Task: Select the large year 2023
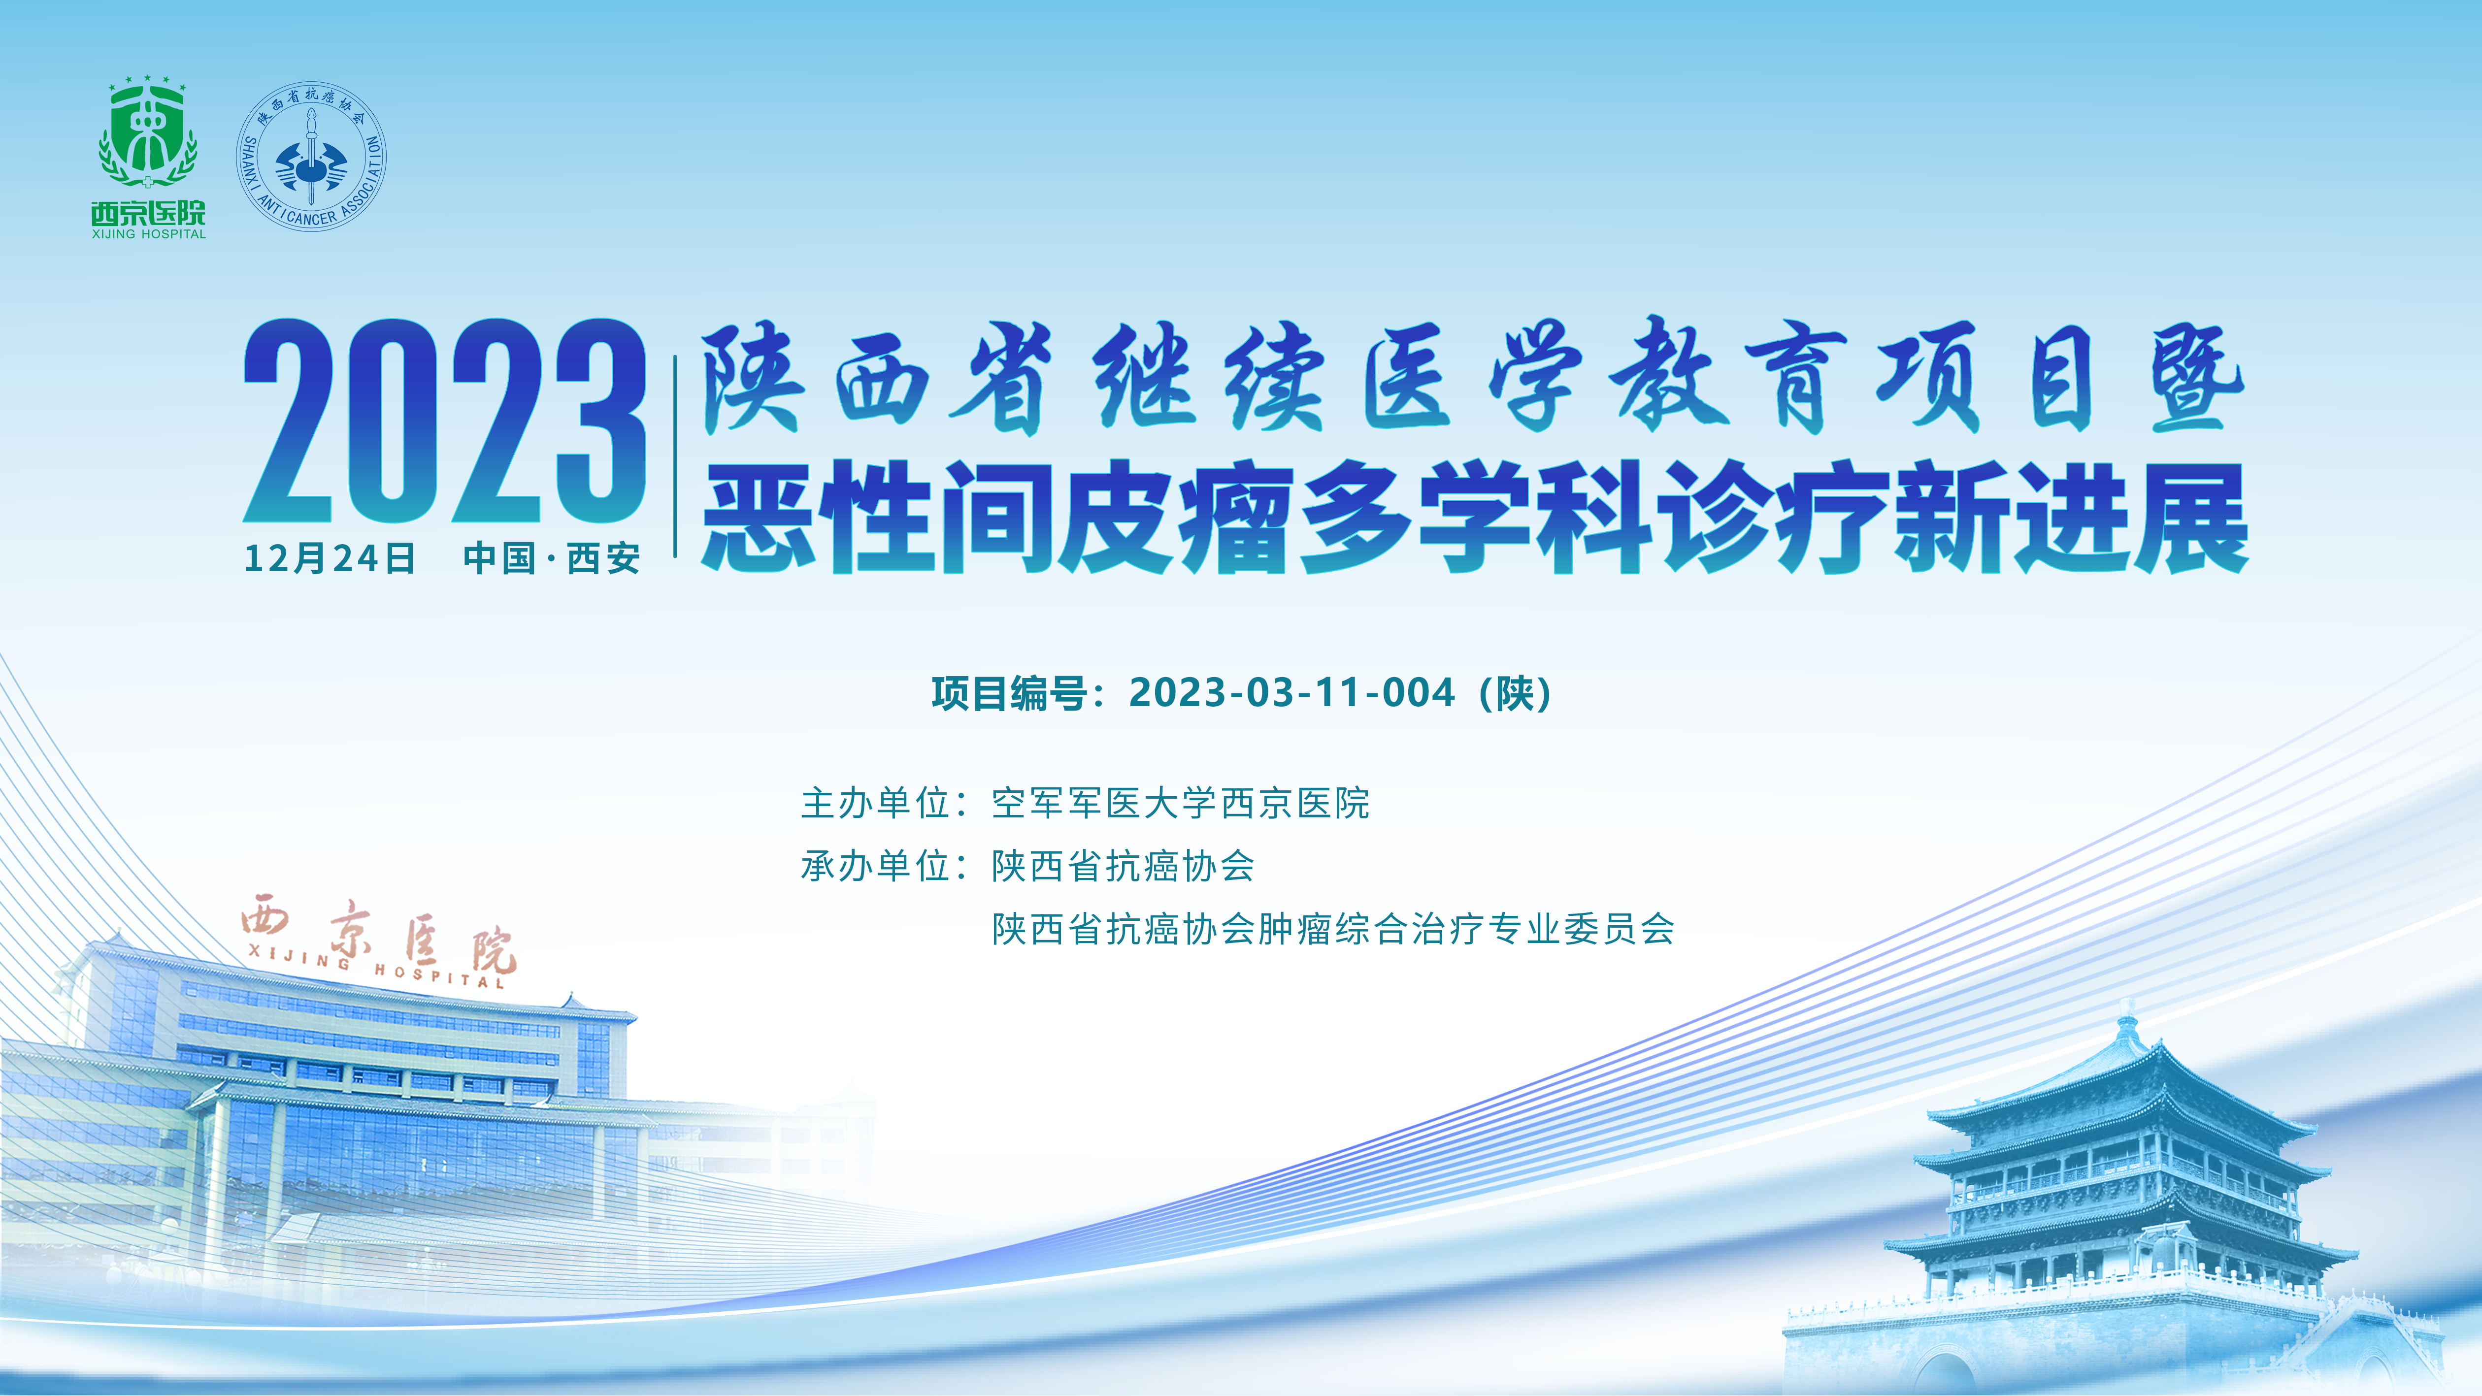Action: click(444, 421)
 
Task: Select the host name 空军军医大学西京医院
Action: click(1180, 804)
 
